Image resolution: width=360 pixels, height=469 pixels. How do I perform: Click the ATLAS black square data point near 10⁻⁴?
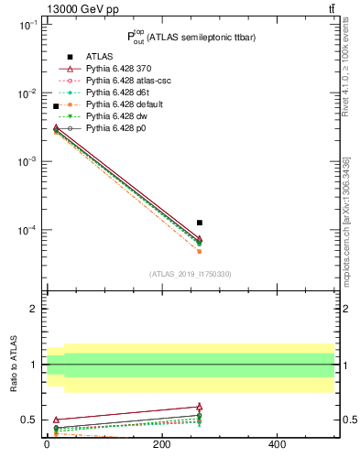click(x=200, y=223)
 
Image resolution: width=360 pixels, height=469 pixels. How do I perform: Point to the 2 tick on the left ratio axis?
click(x=33, y=309)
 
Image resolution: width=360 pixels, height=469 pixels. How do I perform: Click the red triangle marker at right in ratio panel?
click(x=200, y=407)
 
